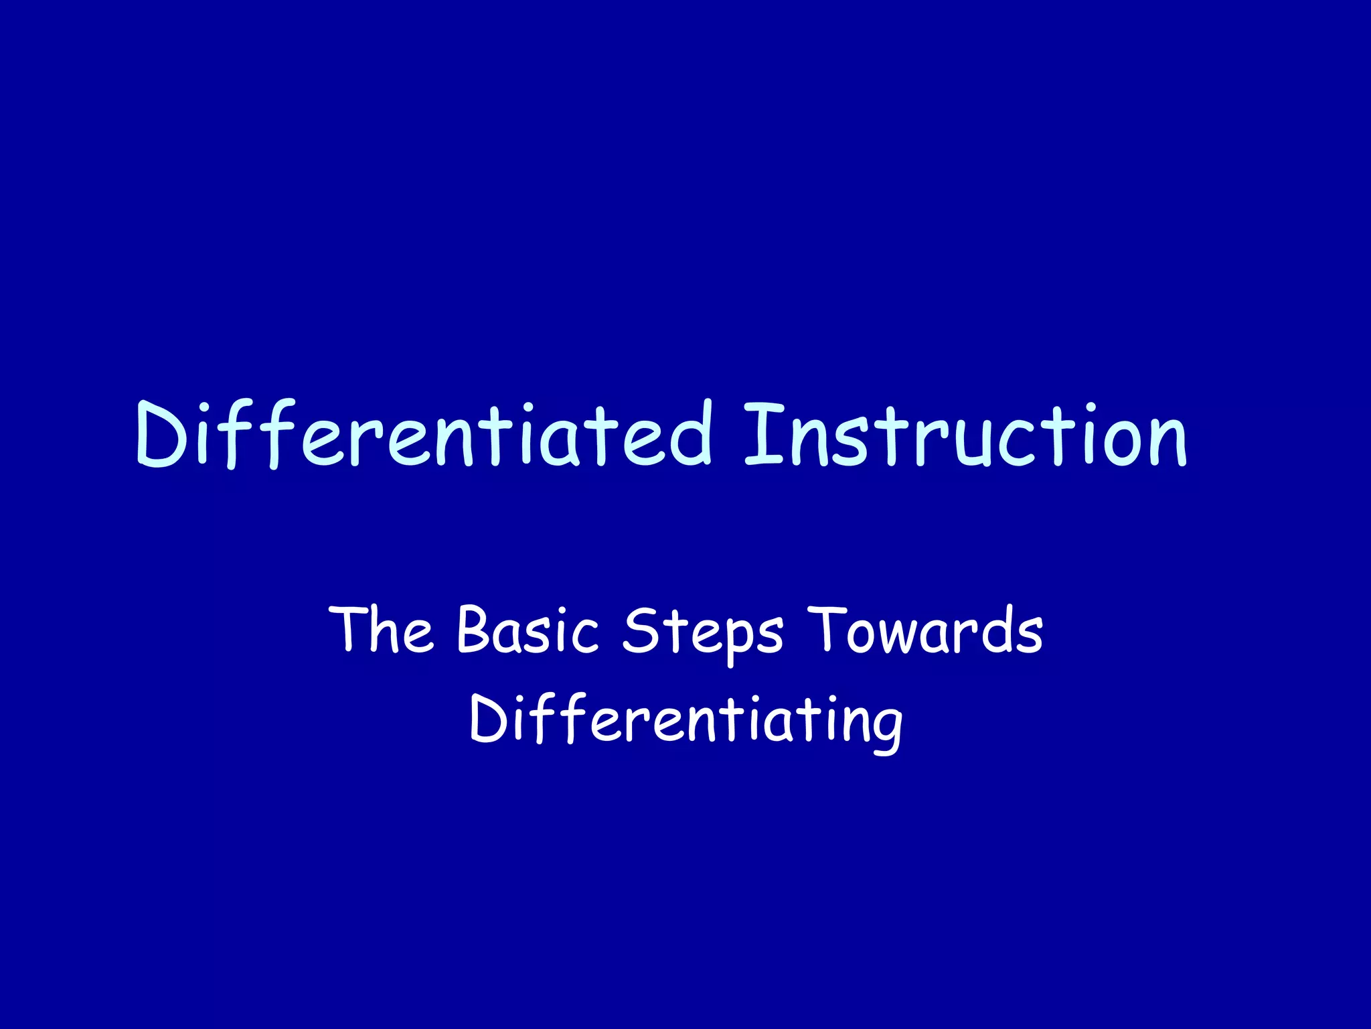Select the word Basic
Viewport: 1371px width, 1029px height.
click(528, 630)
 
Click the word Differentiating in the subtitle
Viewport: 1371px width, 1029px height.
click(685, 720)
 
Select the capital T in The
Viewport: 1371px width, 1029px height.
click(349, 628)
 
